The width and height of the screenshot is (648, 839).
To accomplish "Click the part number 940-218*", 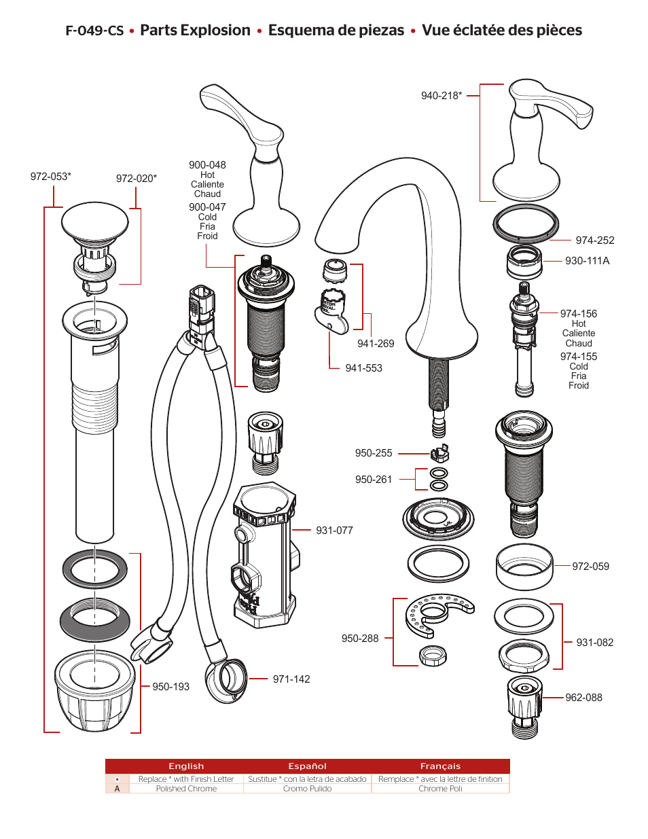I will pos(441,96).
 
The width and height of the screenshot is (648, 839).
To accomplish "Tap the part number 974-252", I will pos(594,240).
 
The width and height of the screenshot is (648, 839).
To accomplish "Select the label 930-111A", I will pos(587,261).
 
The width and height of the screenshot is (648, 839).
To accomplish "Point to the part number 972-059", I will pos(590,567).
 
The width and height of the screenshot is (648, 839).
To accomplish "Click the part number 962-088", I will pos(583,698).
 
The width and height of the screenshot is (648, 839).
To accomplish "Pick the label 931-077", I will pos(334,531).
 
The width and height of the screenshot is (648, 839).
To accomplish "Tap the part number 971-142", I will pos(291,679).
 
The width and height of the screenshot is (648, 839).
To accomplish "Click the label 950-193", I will pos(170,687).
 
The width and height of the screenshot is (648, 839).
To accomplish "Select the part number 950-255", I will pos(374,453).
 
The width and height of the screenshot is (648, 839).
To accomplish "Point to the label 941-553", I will pos(363,368).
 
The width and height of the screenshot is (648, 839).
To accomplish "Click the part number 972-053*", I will pos(50,177).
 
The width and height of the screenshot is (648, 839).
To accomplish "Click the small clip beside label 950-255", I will pos(439,452).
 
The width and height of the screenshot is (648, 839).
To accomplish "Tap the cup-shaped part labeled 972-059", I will pos(524,567).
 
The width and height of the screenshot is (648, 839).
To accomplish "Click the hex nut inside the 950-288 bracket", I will pos(433,656).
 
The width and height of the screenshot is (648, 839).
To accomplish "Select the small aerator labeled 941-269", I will pos(334,271).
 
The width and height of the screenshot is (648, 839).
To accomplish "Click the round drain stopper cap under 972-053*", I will pos(94,221).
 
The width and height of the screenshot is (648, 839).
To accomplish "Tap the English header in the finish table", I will pos(186,766).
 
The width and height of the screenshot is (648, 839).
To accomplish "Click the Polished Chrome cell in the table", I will pos(186,789).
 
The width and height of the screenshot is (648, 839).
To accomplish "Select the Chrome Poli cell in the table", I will pos(440,789).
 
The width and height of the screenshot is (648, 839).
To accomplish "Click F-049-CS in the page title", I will pos(94,31).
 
